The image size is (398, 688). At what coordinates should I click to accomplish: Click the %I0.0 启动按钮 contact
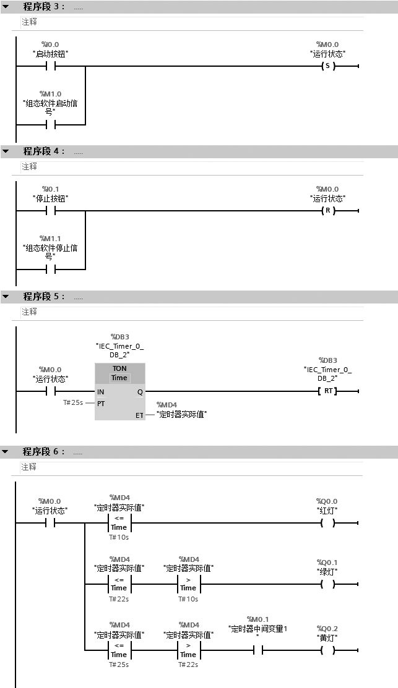click(51, 66)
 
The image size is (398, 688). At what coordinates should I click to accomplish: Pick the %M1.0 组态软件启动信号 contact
click(51, 124)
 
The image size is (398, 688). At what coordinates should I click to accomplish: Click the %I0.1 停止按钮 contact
click(51, 211)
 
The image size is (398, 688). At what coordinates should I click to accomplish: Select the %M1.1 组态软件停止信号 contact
click(51, 269)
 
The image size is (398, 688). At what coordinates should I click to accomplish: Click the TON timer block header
click(119, 373)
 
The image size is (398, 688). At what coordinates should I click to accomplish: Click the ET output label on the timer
click(139, 415)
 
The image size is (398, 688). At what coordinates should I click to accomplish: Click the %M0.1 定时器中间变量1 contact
click(258, 650)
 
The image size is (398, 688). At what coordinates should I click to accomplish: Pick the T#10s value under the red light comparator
click(119, 537)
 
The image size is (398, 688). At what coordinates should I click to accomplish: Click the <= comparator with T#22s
click(119, 584)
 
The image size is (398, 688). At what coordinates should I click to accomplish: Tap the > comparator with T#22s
click(188, 650)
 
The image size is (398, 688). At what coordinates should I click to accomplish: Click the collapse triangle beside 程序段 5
click(6, 297)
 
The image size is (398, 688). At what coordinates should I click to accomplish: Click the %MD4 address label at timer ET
click(168, 404)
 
